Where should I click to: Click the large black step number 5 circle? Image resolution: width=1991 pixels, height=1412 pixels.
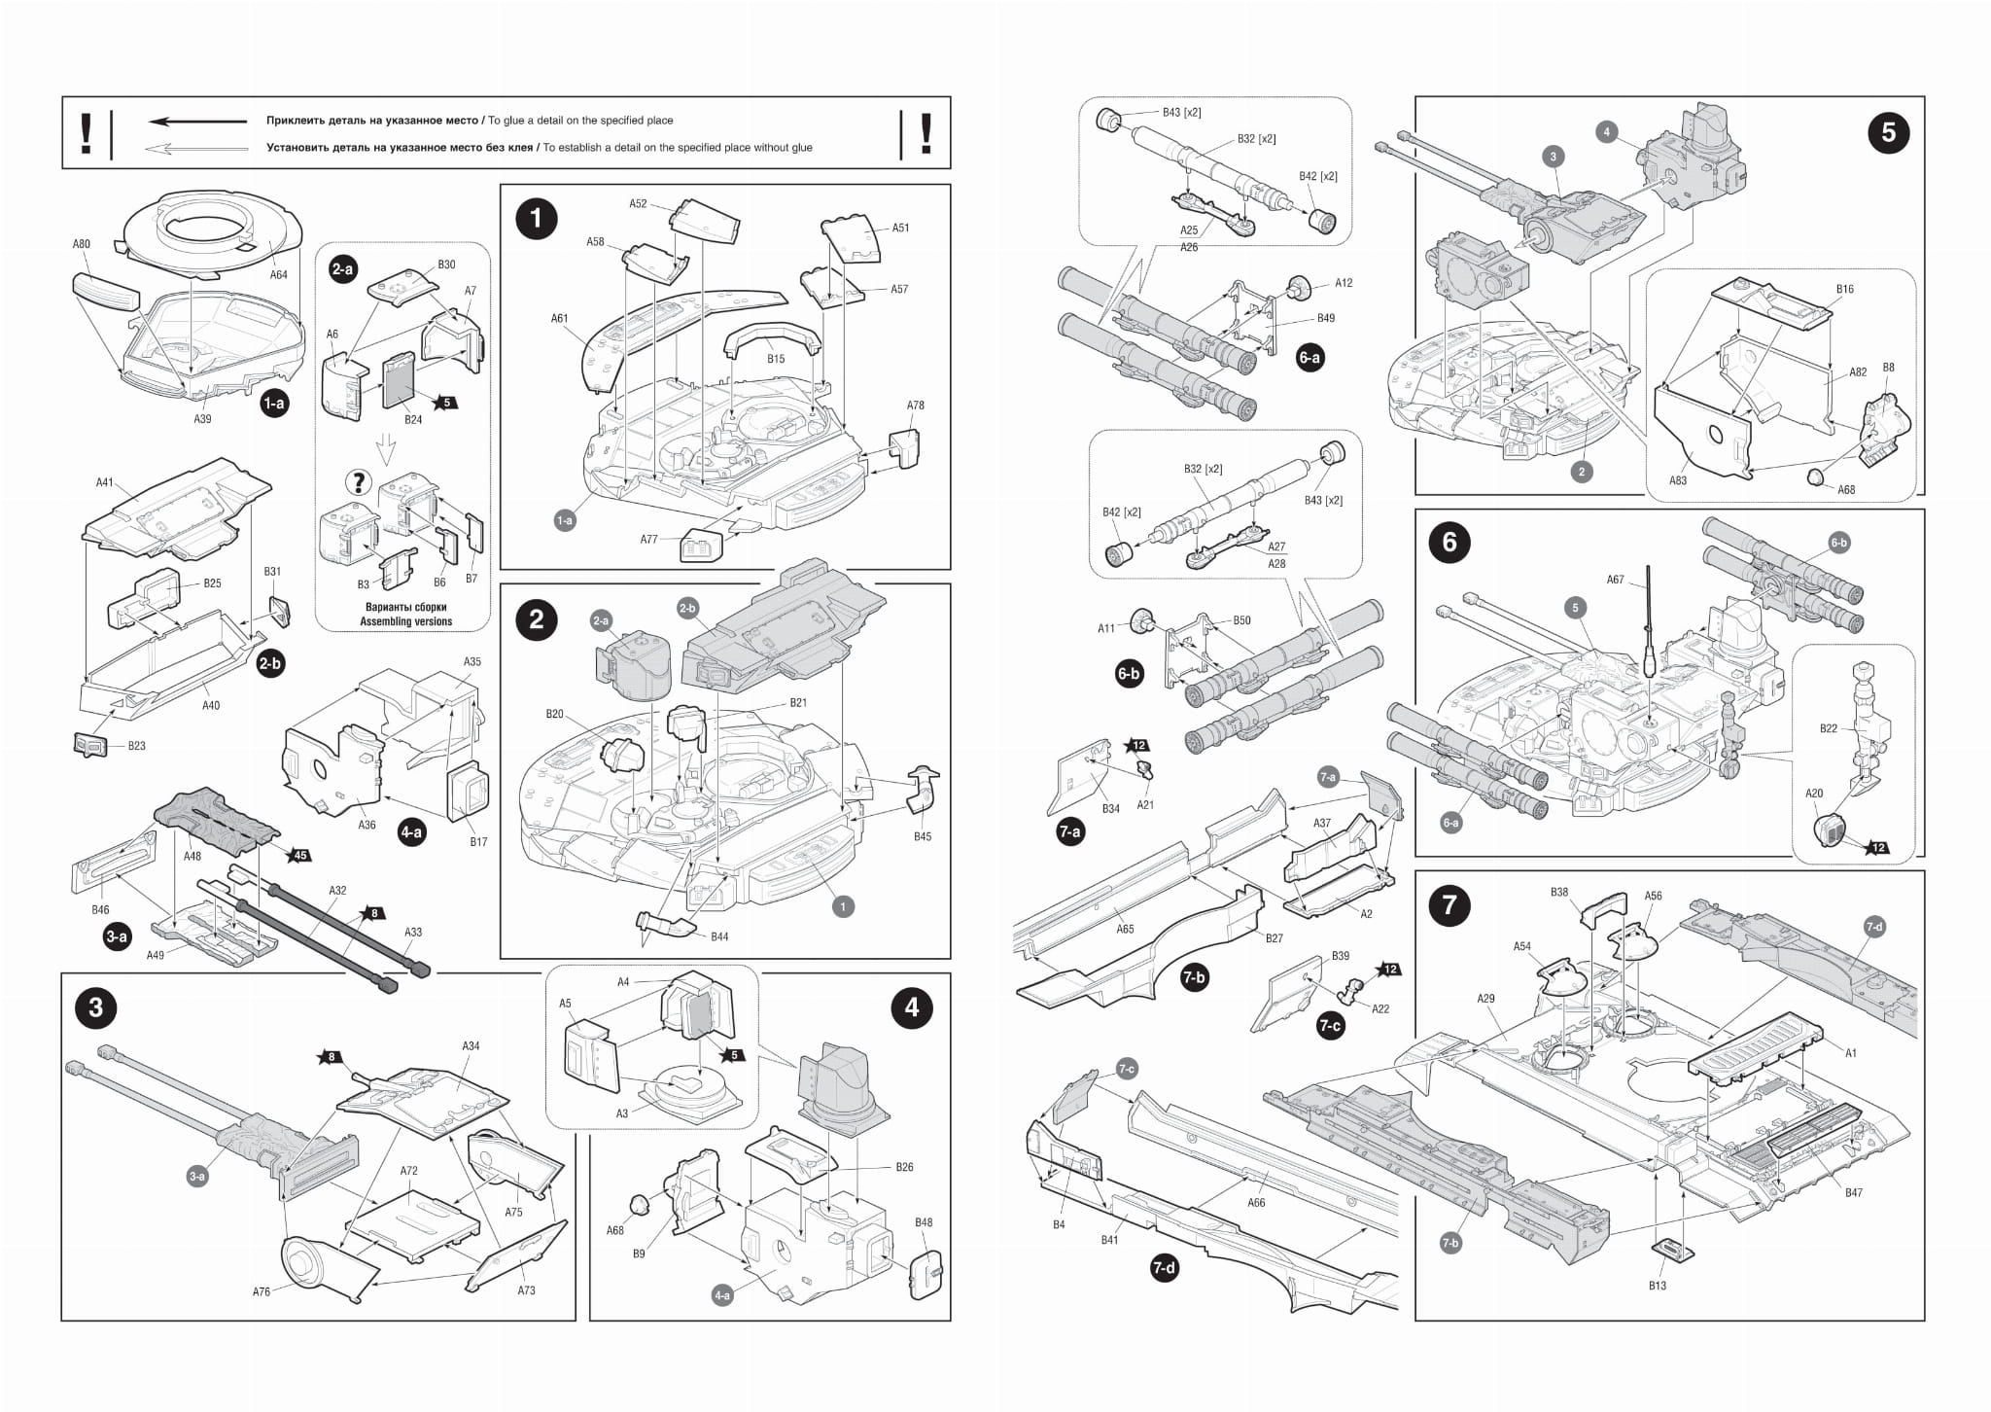click(x=1888, y=132)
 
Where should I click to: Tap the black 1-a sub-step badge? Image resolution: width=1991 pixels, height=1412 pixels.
click(x=274, y=403)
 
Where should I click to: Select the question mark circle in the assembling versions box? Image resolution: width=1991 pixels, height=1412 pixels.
click(x=359, y=481)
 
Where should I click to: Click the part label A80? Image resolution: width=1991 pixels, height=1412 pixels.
click(x=82, y=244)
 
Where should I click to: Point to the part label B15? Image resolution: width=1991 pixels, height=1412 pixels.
click(x=775, y=359)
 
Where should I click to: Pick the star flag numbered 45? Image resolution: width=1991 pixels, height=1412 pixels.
click(x=300, y=856)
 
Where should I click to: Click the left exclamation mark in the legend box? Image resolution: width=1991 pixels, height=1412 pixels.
click(x=87, y=133)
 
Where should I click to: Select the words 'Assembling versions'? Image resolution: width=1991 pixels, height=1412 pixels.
click(x=406, y=621)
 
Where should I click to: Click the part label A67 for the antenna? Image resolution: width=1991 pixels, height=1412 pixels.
click(x=1615, y=580)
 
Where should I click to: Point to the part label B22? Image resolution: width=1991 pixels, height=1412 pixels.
click(x=1829, y=728)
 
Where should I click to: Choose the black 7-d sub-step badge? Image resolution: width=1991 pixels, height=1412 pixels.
click(x=1163, y=1268)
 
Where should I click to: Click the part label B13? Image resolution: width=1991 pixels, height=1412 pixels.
click(x=1658, y=1286)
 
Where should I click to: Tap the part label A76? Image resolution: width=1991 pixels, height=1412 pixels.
click(x=262, y=1292)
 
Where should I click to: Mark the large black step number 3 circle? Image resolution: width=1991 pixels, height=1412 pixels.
click(x=95, y=1006)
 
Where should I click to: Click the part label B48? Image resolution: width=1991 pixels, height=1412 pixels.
click(x=923, y=1222)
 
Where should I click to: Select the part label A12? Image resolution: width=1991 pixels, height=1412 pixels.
click(x=1343, y=283)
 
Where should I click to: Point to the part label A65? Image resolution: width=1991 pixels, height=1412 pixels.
click(x=1125, y=929)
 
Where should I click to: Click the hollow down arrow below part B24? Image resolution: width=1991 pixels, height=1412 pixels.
click(x=387, y=445)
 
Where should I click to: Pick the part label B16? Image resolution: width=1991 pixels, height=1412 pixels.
click(x=1844, y=289)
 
